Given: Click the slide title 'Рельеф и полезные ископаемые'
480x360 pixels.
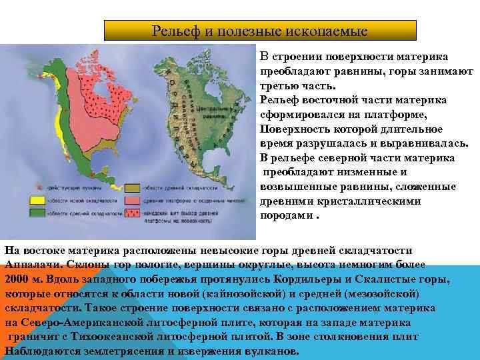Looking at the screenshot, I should click(x=260, y=31).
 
